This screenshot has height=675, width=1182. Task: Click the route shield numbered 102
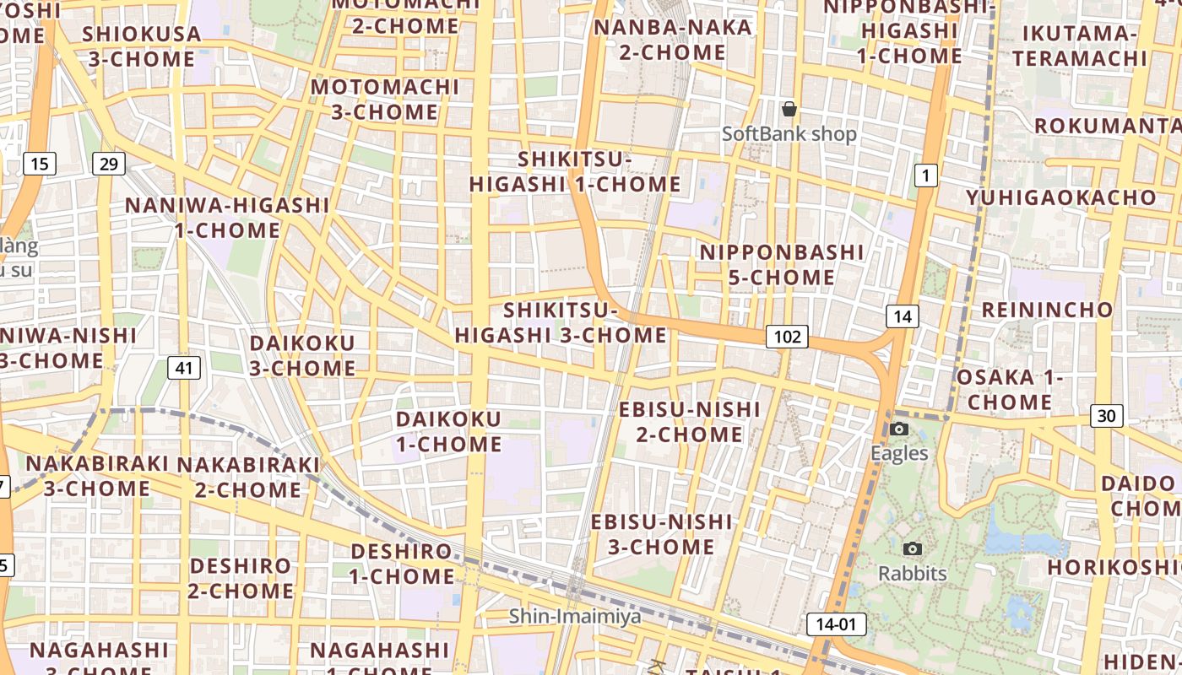tap(787, 337)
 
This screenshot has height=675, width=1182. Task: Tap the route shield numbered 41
tap(184, 367)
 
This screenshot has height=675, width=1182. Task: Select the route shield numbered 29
tap(108, 163)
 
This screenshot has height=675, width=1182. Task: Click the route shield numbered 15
tap(39, 163)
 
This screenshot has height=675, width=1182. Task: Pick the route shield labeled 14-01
tap(836, 624)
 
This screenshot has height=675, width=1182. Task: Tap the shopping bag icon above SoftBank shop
tap(789, 109)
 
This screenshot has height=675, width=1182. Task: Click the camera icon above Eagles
tap(899, 429)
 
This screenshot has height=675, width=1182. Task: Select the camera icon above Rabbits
tap(912, 549)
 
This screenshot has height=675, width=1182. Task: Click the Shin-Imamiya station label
tap(574, 617)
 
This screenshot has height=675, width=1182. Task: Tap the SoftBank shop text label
tap(789, 134)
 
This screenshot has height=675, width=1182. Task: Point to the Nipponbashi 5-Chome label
tap(781, 265)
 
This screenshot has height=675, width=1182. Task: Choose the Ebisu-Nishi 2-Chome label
tap(690, 422)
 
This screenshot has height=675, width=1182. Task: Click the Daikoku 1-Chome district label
tap(448, 431)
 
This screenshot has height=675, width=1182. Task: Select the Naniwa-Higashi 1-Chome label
tap(227, 218)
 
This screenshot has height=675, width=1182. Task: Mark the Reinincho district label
tap(1047, 309)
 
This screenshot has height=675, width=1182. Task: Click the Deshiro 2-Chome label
tap(240, 578)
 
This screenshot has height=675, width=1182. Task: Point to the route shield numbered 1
tap(926, 175)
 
